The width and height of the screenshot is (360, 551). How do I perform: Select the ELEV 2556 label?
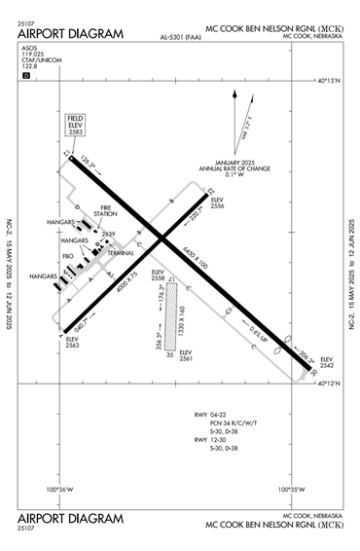click(217, 203)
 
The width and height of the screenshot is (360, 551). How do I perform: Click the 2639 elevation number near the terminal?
click(108, 234)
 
